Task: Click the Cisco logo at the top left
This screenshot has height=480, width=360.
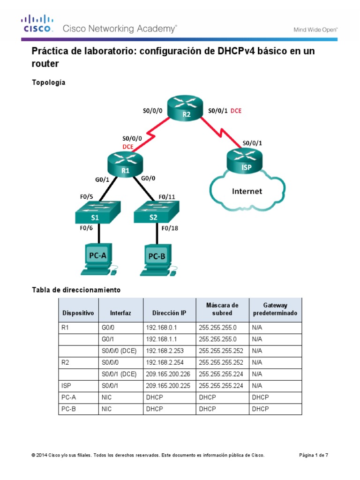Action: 37,24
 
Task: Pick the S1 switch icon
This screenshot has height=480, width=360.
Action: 97,213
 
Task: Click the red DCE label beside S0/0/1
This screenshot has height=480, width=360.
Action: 236,111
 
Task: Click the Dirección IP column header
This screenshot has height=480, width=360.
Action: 169,313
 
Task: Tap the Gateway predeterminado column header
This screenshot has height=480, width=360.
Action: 275,309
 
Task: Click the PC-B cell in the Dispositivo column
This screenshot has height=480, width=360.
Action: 69,409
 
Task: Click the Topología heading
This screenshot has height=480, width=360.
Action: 48,82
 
